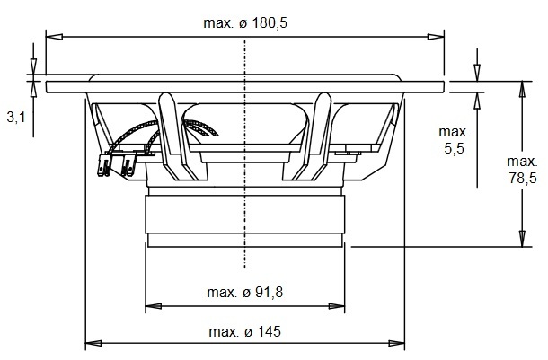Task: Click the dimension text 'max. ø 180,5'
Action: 245,23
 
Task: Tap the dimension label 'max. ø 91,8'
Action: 244,293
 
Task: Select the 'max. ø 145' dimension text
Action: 244,331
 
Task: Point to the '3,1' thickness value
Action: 16,118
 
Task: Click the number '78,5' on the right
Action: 523,178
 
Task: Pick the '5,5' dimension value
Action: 454,148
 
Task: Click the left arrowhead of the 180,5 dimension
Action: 54,37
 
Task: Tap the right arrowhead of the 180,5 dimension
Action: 436,37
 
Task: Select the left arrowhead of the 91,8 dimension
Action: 153,306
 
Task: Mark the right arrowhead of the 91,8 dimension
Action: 337,306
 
